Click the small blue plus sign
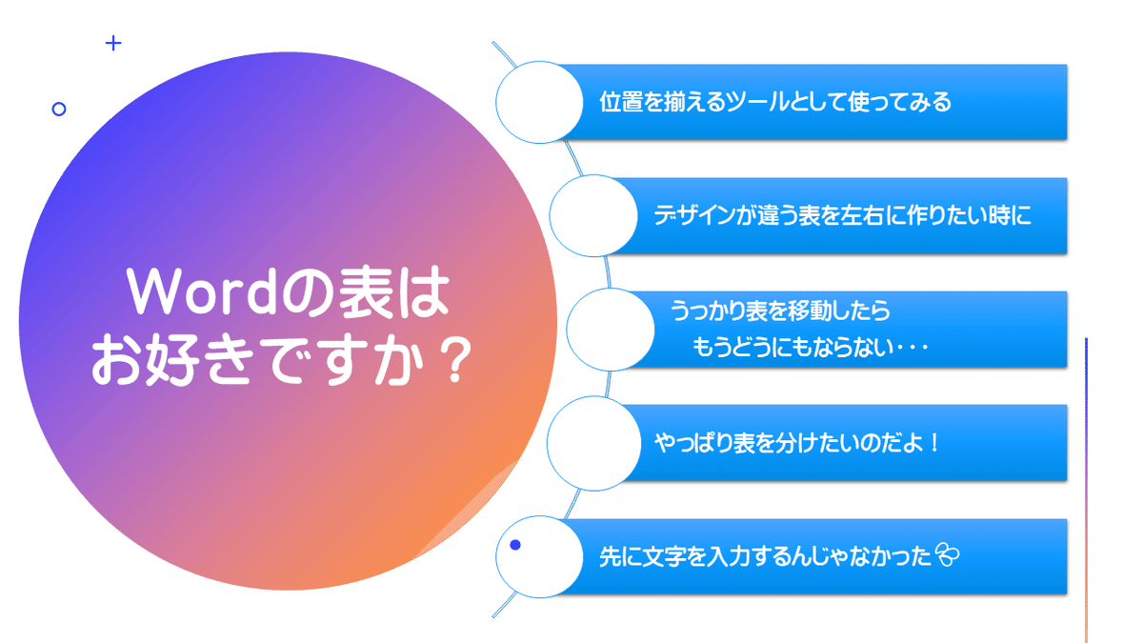pyautogui.click(x=113, y=43)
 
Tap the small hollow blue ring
pyautogui.click(x=59, y=109)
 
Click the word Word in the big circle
pyautogui.click(x=202, y=291)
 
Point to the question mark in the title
pyautogui.click(x=455, y=361)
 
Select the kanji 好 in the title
pyautogui.click(x=172, y=361)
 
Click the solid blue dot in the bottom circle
pyautogui.click(x=515, y=545)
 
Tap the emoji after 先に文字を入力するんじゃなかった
pyautogui.click(x=947, y=554)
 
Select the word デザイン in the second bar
pyautogui.click(x=694, y=215)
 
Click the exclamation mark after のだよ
pyautogui.click(x=934, y=442)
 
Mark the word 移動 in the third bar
pyautogui.click(x=810, y=311)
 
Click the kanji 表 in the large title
pyautogui.click(x=367, y=291)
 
